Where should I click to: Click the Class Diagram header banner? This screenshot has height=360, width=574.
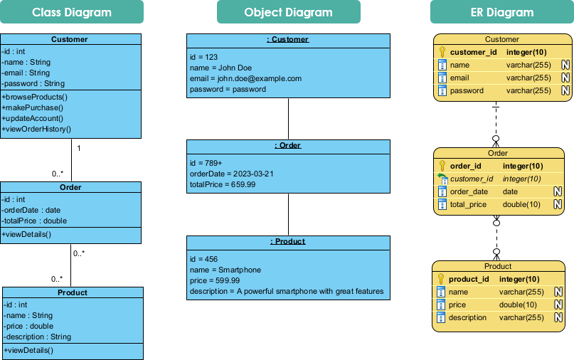tap(72, 12)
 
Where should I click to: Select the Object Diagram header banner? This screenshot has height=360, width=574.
tap(288, 12)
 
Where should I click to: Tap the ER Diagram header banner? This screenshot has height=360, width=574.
tap(501, 12)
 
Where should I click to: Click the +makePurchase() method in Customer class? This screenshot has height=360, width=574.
tap(32, 107)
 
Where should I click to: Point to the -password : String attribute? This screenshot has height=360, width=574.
tap(33, 83)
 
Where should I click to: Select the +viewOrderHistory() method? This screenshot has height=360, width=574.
tap(36, 129)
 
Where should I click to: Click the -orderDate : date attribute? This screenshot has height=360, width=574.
tap(32, 210)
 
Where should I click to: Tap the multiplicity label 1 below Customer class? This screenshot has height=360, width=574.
tap(78, 149)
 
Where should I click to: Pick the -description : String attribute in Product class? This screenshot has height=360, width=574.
tap(37, 337)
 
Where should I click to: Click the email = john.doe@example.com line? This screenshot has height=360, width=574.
tap(245, 78)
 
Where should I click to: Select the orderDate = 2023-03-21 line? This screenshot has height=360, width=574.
tap(231, 174)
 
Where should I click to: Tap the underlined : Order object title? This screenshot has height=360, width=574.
tap(288, 145)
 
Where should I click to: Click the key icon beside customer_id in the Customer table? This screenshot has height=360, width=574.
tap(442, 52)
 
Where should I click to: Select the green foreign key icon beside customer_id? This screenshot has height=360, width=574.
tap(442, 179)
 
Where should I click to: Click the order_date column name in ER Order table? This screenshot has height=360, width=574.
tap(469, 191)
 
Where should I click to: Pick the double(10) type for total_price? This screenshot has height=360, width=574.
tap(522, 204)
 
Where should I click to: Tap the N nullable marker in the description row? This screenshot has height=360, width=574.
tap(558, 317)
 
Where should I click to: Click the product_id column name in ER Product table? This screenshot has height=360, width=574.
tap(469, 279)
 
